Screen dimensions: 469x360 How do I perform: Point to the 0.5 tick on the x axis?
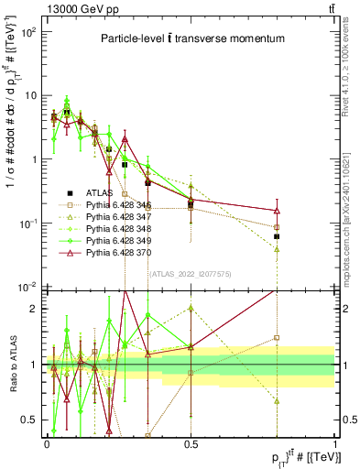click(191, 442)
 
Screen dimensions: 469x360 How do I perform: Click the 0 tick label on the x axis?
click(47, 442)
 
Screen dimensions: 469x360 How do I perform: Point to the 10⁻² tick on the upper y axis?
click(29, 288)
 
